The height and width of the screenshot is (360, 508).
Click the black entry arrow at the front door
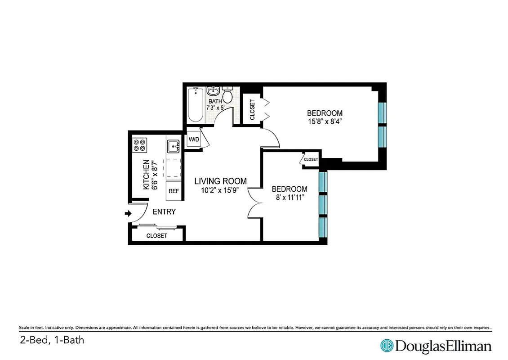[127, 213]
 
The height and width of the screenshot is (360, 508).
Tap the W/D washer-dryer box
[194, 139]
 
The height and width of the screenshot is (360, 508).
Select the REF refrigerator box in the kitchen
[174, 191]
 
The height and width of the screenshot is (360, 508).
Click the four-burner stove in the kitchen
[139, 144]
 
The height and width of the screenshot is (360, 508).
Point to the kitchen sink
[173, 146]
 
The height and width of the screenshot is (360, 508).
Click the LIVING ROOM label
[220, 181]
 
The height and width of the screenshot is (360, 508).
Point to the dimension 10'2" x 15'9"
[220, 190]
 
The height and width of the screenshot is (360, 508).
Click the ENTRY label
[164, 211]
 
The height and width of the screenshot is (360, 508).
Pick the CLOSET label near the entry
[156, 236]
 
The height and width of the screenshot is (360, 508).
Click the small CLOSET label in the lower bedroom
[311, 159]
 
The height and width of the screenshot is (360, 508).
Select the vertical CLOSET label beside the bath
[252, 109]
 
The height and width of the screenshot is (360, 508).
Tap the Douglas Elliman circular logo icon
[387, 346]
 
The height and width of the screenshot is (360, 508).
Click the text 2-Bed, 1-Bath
[52, 340]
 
